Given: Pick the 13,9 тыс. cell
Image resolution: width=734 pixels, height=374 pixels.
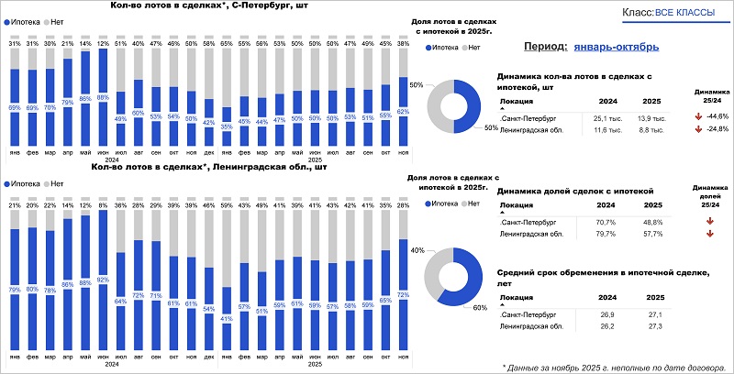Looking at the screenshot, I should (650, 117).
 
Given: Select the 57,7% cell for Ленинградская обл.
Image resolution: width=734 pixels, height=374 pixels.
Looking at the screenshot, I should (649, 235).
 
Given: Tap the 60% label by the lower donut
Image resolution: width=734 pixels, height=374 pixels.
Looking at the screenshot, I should (479, 308).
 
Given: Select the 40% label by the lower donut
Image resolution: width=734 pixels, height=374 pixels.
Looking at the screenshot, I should (417, 250).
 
